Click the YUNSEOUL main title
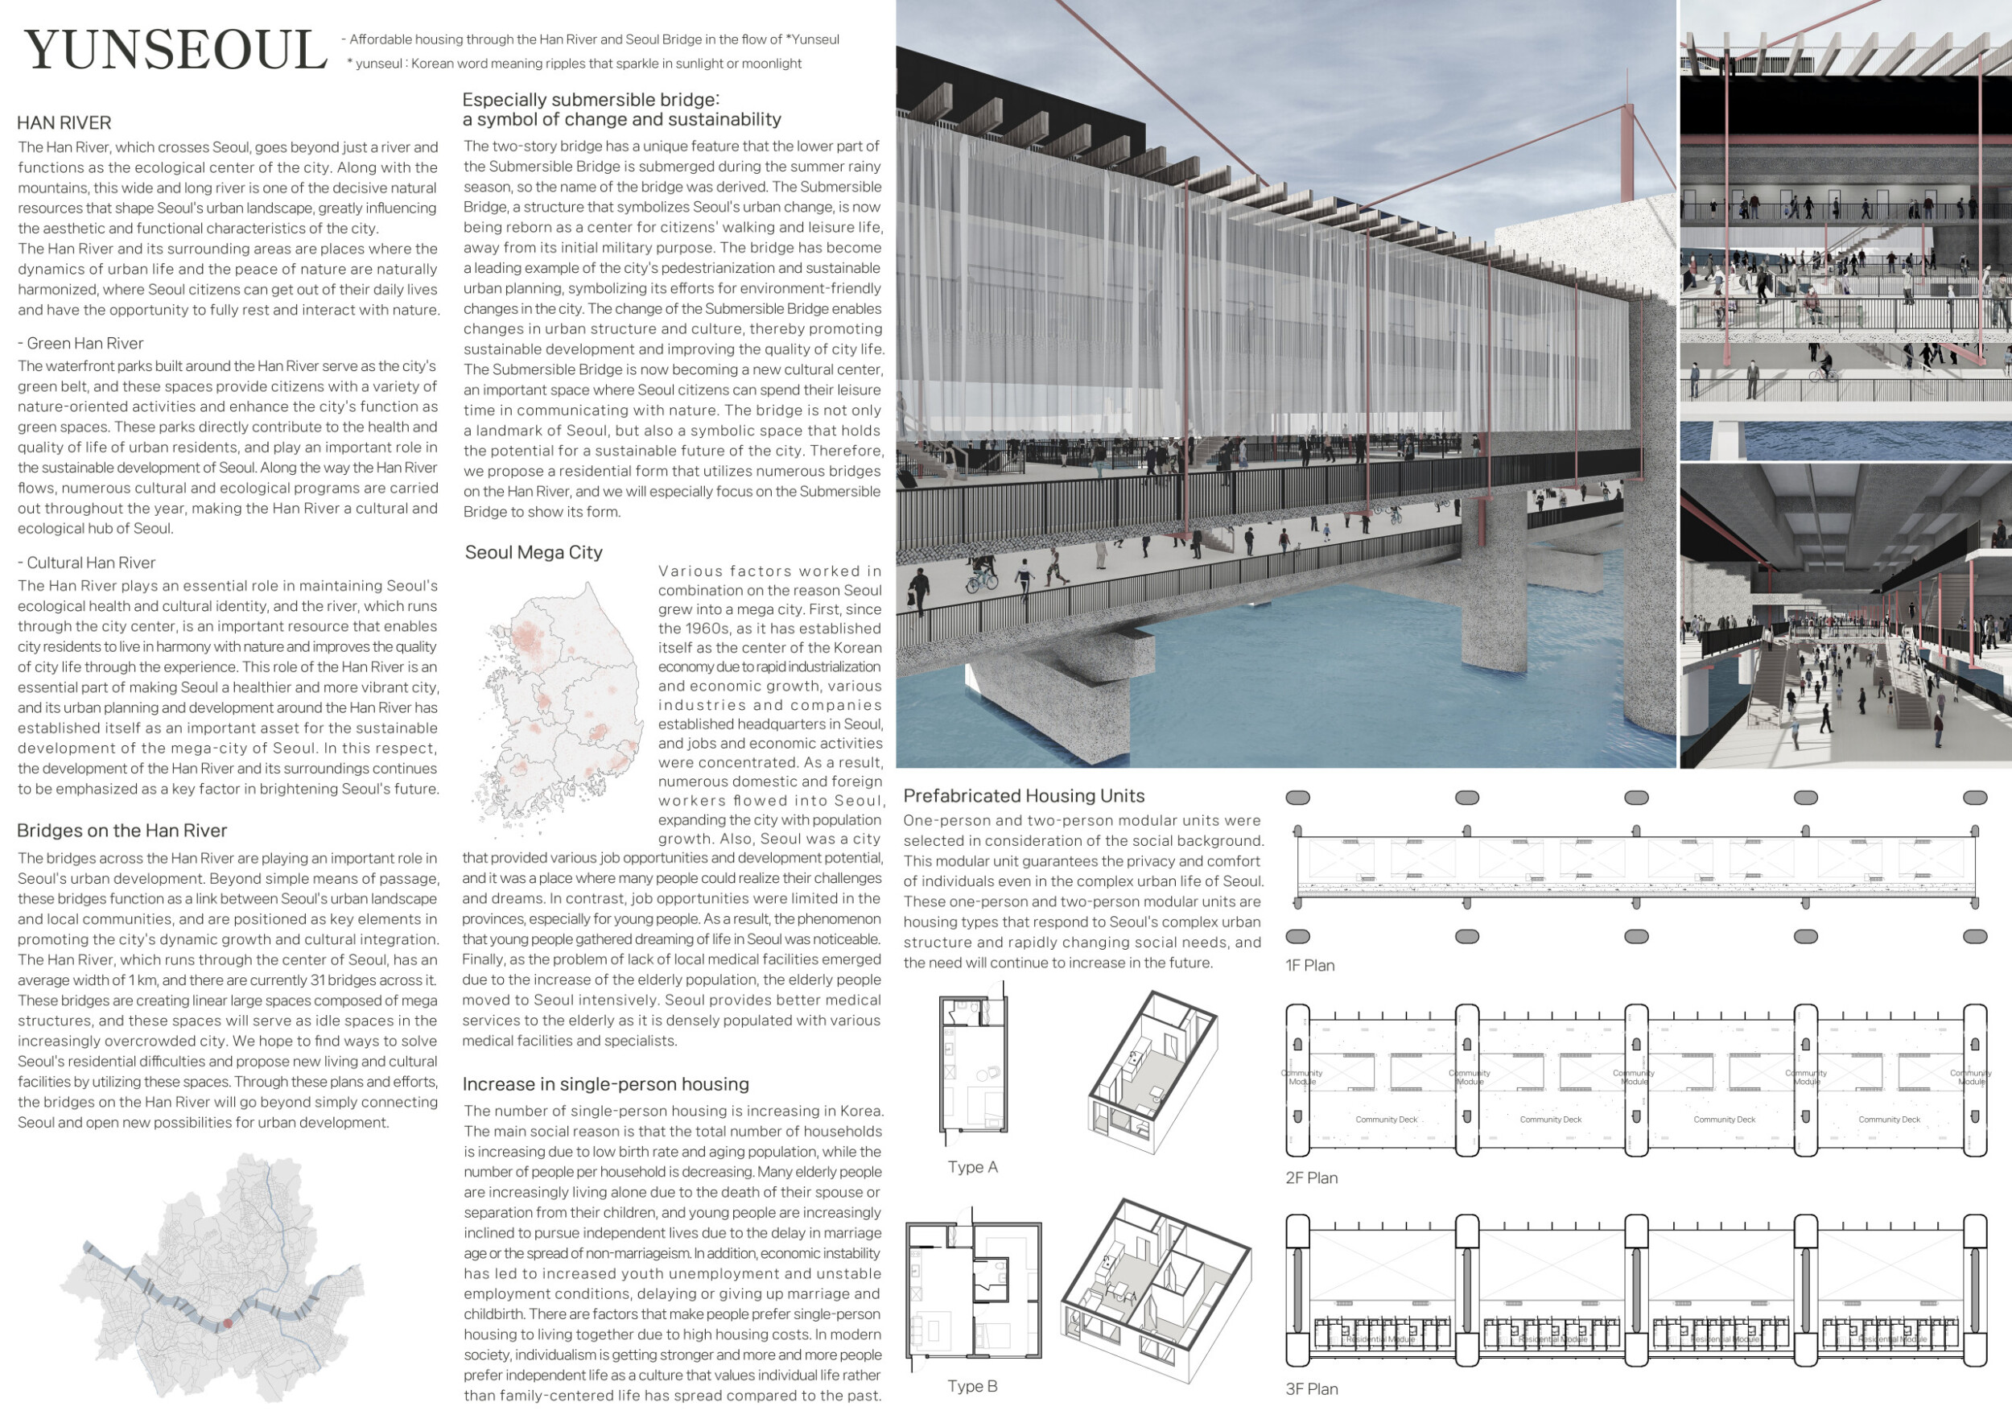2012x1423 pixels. tap(175, 50)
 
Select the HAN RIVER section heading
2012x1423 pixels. tap(64, 122)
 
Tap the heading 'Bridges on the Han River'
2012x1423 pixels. tap(122, 830)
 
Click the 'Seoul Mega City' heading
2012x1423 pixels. tap(534, 552)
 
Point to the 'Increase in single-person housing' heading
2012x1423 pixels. tap(605, 1084)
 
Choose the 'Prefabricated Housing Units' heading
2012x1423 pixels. tap(1024, 796)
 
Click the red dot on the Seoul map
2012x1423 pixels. tap(228, 1323)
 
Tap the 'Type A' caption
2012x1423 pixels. tap(972, 1167)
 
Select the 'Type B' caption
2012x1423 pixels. tap(972, 1386)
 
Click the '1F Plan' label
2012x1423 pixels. tap(1309, 966)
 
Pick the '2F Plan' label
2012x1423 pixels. tap(1311, 1178)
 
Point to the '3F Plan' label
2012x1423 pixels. tap(1311, 1389)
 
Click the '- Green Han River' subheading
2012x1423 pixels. tap(80, 344)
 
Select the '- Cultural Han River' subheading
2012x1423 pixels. tap(87, 563)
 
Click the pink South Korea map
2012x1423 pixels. tap(561, 701)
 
